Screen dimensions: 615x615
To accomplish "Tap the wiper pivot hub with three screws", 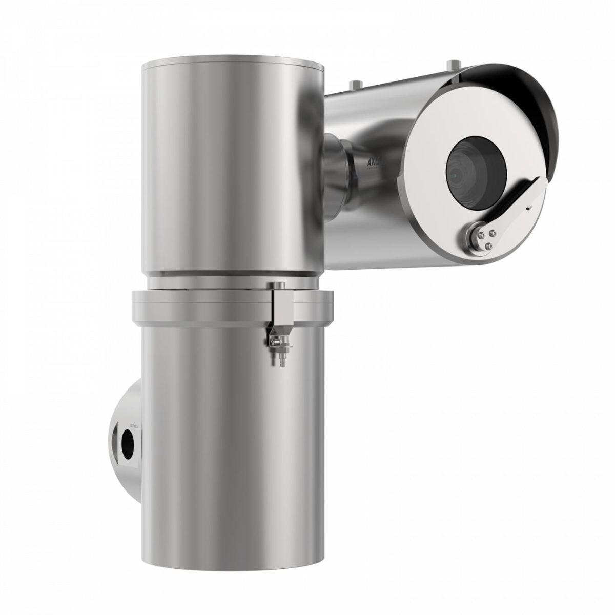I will pyautogui.click(x=477, y=236).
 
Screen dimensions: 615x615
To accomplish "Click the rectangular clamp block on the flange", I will pyautogui.click(x=281, y=307).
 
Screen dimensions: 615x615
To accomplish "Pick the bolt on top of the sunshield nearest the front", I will pyautogui.click(x=452, y=66).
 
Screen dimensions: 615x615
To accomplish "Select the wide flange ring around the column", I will pyautogui.click(x=205, y=307).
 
